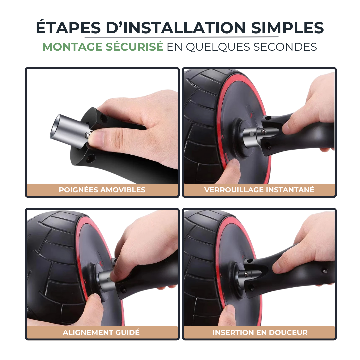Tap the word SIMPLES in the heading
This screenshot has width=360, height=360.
pyautogui.click(x=287, y=28)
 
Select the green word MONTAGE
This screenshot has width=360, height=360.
pyautogui.click(x=72, y=47)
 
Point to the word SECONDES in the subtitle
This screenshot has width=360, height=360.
pyautogui.click(x=285, y=47)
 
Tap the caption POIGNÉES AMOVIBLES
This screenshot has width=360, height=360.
pyautogui.click(x=102, y=190)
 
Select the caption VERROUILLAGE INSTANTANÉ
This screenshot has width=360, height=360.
pyautogui.click(x=259, y=190)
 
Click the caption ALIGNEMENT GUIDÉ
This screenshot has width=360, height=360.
pyautogui.click(x=101, y=332)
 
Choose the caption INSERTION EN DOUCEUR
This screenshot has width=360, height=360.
pyautogui.click(x=260, y=332)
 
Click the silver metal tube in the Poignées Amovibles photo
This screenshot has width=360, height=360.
pyautogui.click(x=69, y=131)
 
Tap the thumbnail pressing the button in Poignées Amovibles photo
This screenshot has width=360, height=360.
pyautogui.click(x=96, y=138)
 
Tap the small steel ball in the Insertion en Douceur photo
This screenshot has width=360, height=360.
pyautogui.click(x=246, y=274)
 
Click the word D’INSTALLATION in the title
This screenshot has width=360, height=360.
pyautogui.click(x=176, y=28)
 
